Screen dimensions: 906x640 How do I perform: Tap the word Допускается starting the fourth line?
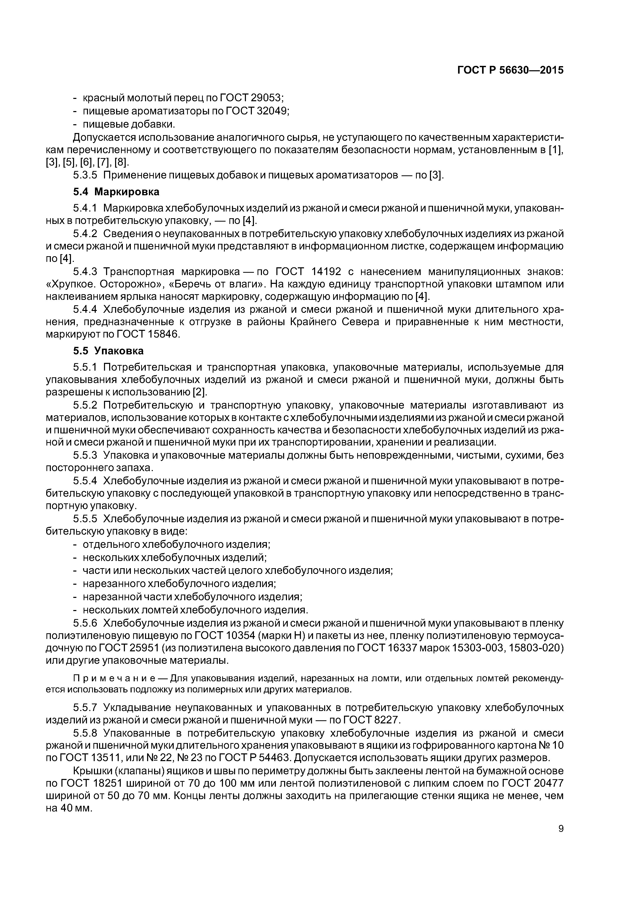pos(104,137)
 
